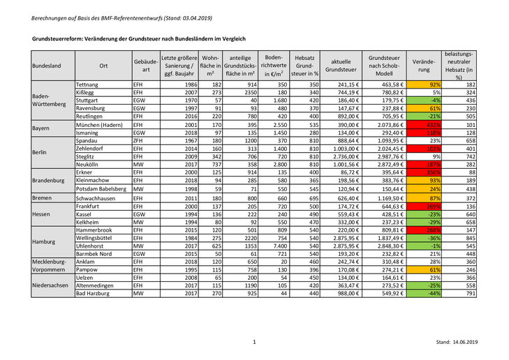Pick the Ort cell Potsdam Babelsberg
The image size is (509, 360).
point(101,188)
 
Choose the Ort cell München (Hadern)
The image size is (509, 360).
point(101,124)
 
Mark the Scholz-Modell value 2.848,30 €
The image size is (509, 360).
point(385,246)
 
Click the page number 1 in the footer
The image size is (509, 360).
point(254,342)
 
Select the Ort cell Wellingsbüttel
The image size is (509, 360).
point(98,238)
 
